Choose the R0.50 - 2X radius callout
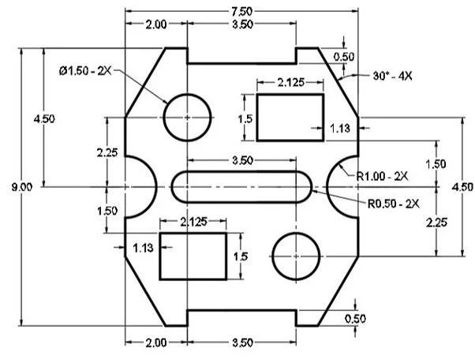pos(392,203)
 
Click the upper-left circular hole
pos(187,116)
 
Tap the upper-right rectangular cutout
pos(290,117)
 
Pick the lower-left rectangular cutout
pos(193,256)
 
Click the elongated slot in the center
pos(241,186)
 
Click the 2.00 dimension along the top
pos(155,24)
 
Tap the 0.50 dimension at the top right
pos(344,57)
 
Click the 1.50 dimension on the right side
pos(436,163)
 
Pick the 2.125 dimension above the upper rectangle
pos(291,82)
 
